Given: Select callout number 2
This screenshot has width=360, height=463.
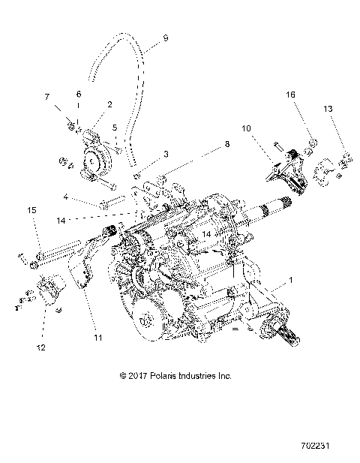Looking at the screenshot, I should (x=109, y=104).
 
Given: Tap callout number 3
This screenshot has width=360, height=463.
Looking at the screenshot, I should (x=166, y=153).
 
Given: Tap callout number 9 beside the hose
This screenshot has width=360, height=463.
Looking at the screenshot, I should (x=165, y=38).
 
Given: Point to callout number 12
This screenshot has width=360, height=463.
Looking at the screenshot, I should (x=42, y=347).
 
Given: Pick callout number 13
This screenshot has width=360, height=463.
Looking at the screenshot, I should (x=328, y=110).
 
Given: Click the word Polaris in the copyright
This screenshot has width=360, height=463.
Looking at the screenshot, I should (x=168, y=374).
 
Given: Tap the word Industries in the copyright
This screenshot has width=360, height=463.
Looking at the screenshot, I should (x=205, y=374).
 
